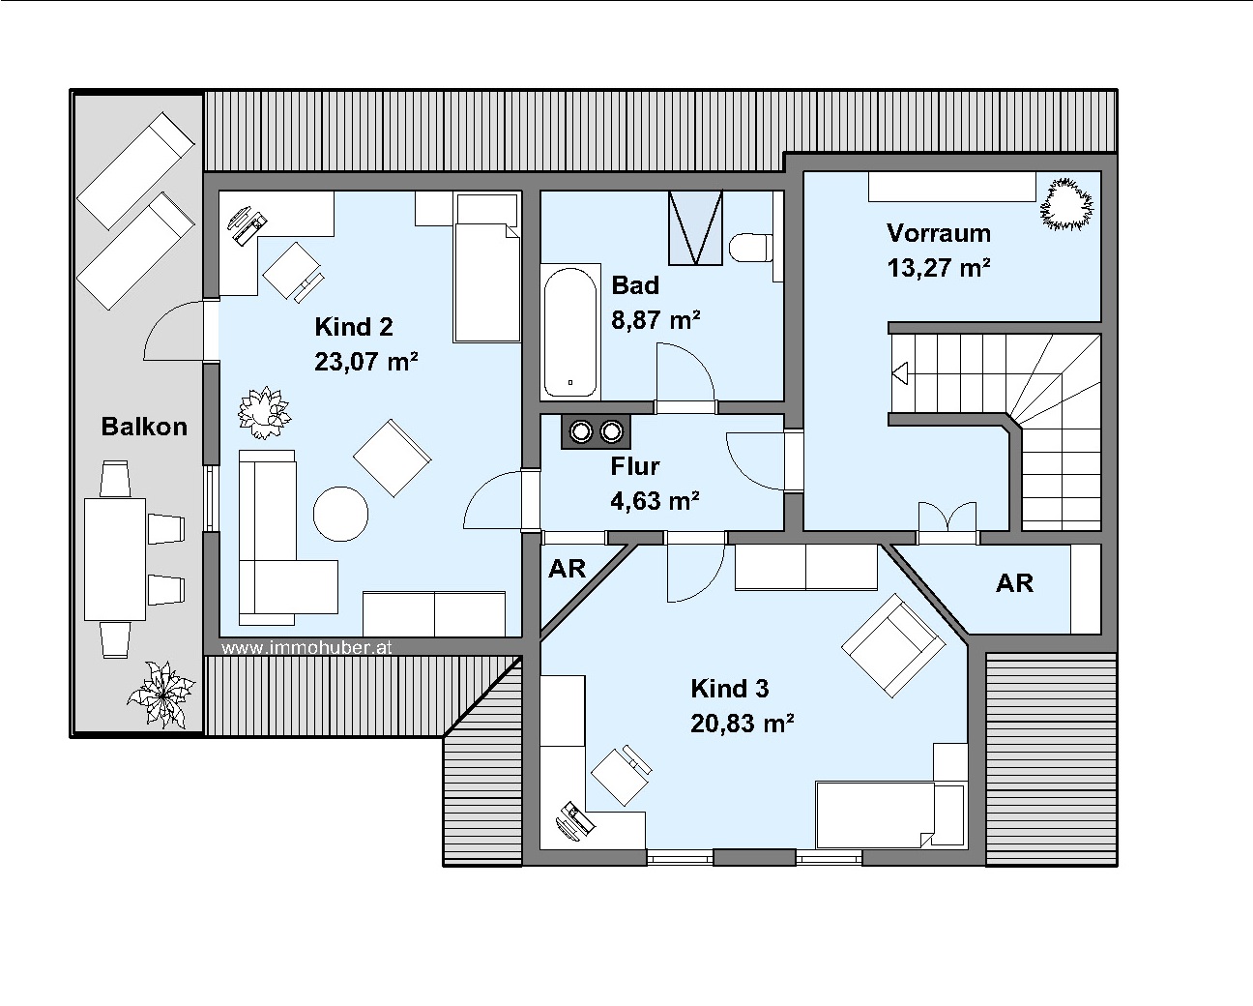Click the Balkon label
coord(144,427)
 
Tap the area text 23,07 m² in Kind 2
coord(366,362)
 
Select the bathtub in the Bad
coord(570,332)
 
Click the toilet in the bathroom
coord(751,248)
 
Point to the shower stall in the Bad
coord(696,227)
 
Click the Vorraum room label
coord(939,233)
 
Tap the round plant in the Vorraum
coord(1066,204)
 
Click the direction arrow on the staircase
coord(900,372)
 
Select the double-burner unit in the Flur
coord(596,431)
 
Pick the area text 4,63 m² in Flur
coord(656,501)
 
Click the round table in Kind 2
coord(340,514)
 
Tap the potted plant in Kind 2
coord(264,413)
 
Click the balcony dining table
coord(115,559)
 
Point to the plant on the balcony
coord(161,695)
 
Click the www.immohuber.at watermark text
coord(306,647)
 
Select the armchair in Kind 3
coord(893,645)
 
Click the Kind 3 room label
coord(730,689)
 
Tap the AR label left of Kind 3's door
coord(568,569)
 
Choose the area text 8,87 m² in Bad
coord(656,320)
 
